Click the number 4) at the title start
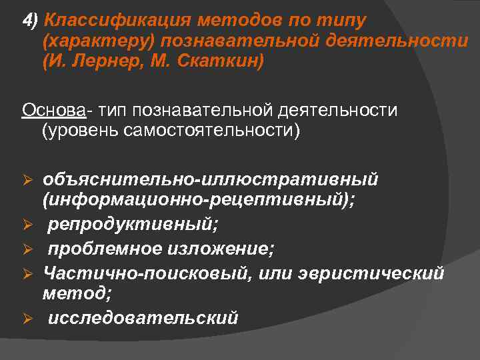(x=30, y=20)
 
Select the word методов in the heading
(x=220, y=20)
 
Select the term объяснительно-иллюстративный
(x=211, y=180)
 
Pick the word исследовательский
(x=142, y=317)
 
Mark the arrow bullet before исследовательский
(x=28, y=318)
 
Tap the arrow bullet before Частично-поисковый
(x=28, y=273)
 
